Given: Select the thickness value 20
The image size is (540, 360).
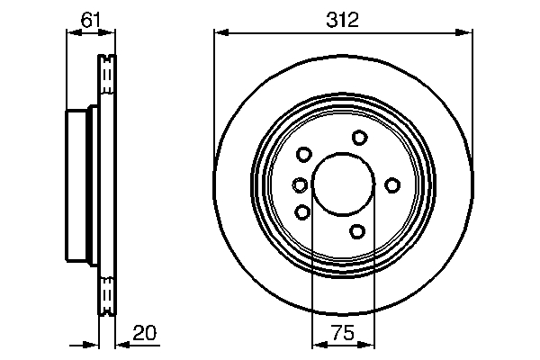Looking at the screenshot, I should click(x=144, y=333).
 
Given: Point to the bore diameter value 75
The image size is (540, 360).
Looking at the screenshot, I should click(x=342, y=333).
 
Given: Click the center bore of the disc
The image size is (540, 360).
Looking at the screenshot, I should click(x=343, y=185).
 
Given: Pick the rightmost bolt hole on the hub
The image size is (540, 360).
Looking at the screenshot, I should click(x=391, y=185).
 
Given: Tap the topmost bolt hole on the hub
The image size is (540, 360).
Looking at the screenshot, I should click(x=359, y=138).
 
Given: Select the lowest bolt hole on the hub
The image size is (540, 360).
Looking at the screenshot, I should click(x=357, y=232).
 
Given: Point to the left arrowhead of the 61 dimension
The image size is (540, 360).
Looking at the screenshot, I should click(x=73, y=33).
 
